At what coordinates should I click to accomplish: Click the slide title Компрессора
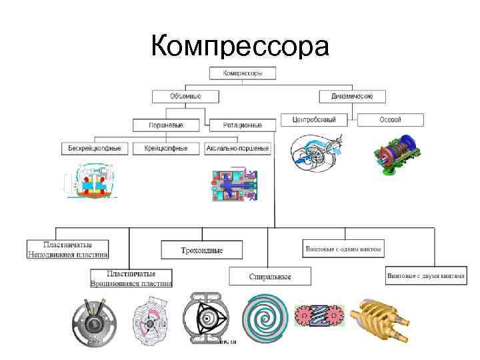[x=240, y=47]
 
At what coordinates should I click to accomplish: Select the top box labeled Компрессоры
[x=243, y=72]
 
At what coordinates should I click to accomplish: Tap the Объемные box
[x=185, y=96]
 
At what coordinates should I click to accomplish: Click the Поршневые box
[x=167, y=125]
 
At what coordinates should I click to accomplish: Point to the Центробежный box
[x=313, y=120]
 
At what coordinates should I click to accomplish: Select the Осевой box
[x=390, y=120]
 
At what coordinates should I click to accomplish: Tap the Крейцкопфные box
[x=166, y=148]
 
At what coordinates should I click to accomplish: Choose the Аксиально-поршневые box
[x=238, y=148]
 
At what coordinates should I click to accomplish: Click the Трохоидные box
[x=201, y=250]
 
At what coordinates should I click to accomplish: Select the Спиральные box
[x=270, y=276]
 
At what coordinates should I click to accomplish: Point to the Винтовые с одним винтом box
[x=343, y=249]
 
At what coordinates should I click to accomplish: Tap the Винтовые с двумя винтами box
[x=425, y=275]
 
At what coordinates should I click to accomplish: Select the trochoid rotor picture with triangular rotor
[x=211, y=319]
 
